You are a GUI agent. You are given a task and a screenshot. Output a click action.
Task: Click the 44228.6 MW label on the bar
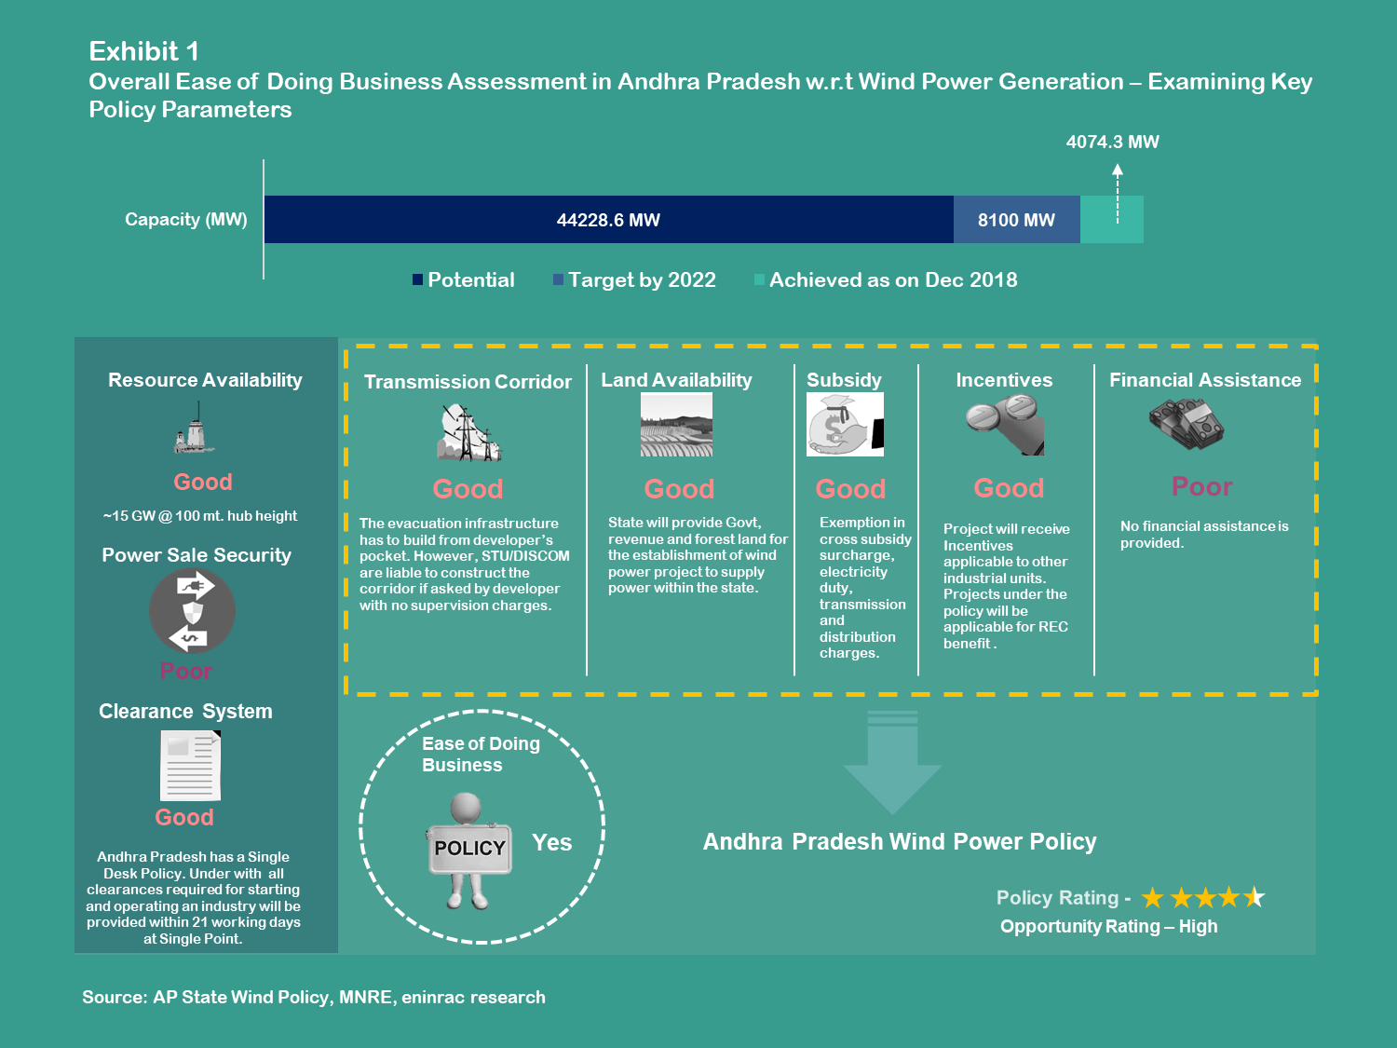pos(608,221)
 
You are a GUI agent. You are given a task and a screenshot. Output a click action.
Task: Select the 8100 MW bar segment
pos(1016,221)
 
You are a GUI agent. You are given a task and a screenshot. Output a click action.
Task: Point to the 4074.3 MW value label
pos(1112,143)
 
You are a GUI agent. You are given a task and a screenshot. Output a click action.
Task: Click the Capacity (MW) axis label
pos(186,220)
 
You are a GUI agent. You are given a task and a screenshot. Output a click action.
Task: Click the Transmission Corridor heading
pos(468,382)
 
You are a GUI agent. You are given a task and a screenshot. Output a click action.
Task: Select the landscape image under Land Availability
pos(676,424)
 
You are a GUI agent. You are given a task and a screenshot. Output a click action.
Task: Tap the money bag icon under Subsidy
pos(845,424)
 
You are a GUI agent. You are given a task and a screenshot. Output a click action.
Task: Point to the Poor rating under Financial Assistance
pos(1201,487)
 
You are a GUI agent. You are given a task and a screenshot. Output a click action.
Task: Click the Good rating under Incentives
pos(1009,488)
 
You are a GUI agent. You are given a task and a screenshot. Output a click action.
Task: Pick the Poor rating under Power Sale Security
pos(186,671)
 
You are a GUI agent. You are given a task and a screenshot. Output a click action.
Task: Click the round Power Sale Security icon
pos(192,611)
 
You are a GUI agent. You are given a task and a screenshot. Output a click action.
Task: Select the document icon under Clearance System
pos(191,766)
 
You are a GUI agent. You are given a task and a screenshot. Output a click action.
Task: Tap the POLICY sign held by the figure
pos(469,848)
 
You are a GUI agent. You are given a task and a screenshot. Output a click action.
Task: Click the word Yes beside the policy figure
pos(551,843)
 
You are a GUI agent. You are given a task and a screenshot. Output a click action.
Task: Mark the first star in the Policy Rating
pos(1153,898)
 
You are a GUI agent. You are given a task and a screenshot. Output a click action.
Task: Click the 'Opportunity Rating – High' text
pos(1108,927)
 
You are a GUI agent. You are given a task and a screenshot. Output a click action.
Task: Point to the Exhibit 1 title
pos(143,51)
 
